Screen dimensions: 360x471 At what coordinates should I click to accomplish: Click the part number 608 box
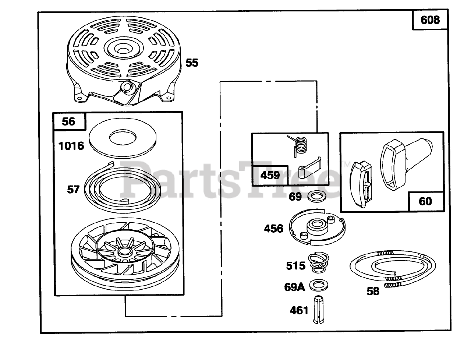tap(430, 20)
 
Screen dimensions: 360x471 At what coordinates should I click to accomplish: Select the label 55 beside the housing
tap(192, 63)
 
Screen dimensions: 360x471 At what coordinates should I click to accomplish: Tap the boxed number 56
tap(69, 121)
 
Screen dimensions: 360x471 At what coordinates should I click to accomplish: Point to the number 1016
tap(71, 146)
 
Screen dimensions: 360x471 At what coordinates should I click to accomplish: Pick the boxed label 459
tap(270, 175)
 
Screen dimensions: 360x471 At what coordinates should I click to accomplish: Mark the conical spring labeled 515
tap(317, 263)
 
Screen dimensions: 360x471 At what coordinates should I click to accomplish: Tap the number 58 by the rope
tap(372, 291)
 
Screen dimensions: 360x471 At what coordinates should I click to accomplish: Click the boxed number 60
tap(425, 201)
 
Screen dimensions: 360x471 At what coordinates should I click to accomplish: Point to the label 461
tap(299, 310)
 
